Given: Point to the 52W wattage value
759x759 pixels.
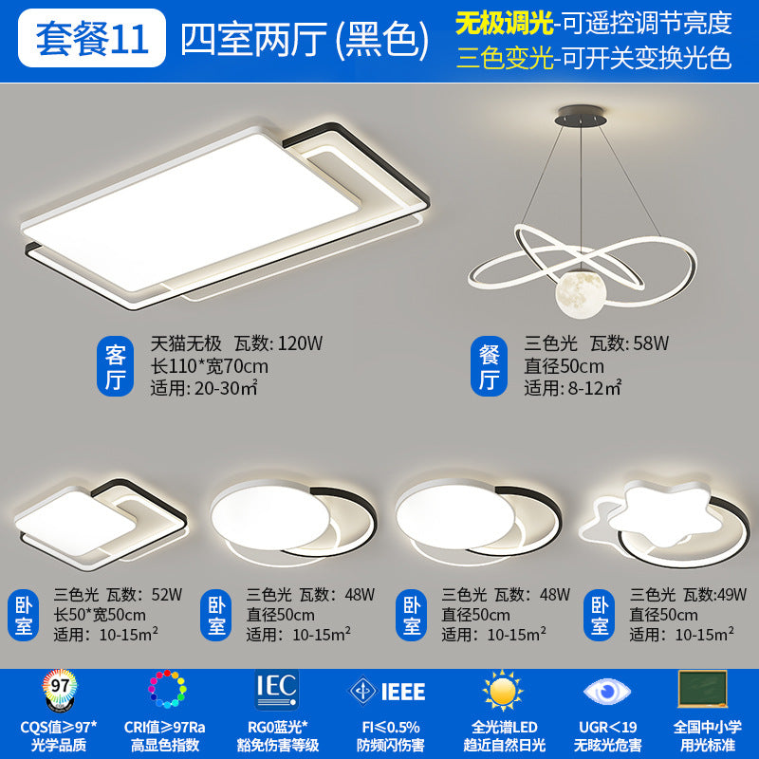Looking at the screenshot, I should point(166,595).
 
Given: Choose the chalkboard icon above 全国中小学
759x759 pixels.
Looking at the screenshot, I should point(702,689).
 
